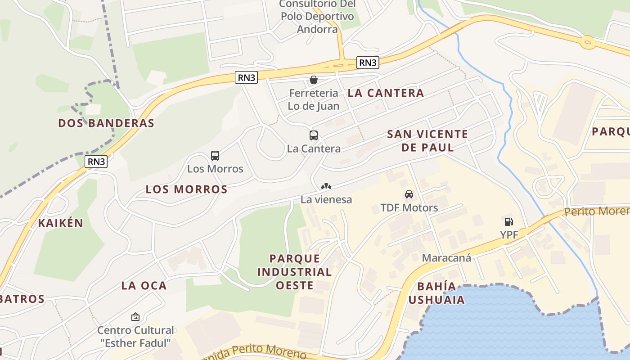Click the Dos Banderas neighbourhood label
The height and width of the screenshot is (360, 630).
pos(106,123)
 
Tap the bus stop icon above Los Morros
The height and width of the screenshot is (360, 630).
pos(215,156)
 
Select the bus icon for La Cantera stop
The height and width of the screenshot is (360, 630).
pos(314,135)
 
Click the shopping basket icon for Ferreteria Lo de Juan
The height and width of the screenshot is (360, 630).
pos(314,80)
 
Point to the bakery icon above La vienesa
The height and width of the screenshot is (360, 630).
pos(326,186)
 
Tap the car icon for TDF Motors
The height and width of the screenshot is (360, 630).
pos(409,194)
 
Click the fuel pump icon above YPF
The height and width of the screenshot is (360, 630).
pos(508,221)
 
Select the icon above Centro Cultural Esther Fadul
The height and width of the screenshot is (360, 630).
pos(135,317)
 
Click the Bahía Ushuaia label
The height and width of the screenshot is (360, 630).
pos(436,293)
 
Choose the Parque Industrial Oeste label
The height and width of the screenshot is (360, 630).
pos(301,272)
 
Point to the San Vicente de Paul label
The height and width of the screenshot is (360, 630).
pos(427,140)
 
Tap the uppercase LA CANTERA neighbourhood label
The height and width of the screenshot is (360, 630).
pos(386,93)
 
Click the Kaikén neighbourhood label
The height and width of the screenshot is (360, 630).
pos(61,223)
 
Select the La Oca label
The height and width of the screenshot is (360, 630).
pos(144,285)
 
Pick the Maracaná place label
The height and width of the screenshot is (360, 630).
pos(446,258)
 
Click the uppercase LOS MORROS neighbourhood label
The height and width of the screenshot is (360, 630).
pos(186,189)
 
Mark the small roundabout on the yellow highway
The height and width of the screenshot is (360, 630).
pos(587,43)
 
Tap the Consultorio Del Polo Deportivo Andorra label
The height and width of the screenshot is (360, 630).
pos(317,17)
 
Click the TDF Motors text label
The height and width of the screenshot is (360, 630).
pos(409,207)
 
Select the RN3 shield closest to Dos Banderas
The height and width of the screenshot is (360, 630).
pos(96,162)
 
